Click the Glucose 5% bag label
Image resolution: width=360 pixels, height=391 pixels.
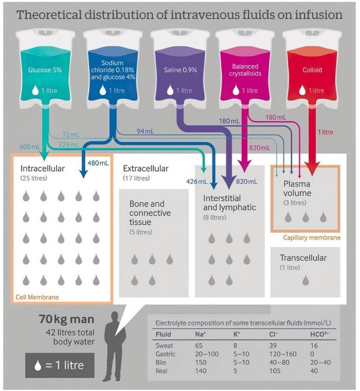pos(45,70)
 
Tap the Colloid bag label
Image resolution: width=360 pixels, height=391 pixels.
pos(312,70)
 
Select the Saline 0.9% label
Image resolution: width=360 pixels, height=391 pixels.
pos(180,70)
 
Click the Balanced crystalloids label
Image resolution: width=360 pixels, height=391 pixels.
pos(245,70)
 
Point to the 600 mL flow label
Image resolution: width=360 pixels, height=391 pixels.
pos(30,147)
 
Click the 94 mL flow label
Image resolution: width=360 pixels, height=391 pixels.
pos(145,131)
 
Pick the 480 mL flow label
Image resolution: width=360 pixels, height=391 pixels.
pos(98,163)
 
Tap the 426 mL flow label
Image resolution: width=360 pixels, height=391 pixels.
pos(197,181)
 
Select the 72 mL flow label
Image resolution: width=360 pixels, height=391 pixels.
pos(71,135)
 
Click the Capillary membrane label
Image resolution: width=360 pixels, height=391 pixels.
pos(312,238)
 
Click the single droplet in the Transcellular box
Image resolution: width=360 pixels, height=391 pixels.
pos(305,280)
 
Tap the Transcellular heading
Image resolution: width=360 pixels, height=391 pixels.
pos(303,258)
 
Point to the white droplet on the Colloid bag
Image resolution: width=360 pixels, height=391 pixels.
pos(302,90)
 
